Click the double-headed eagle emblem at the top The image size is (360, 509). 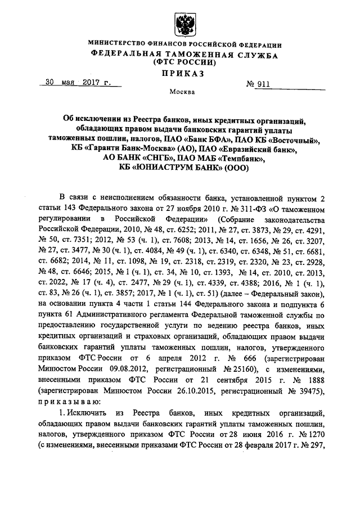click(x=184, y=24)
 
